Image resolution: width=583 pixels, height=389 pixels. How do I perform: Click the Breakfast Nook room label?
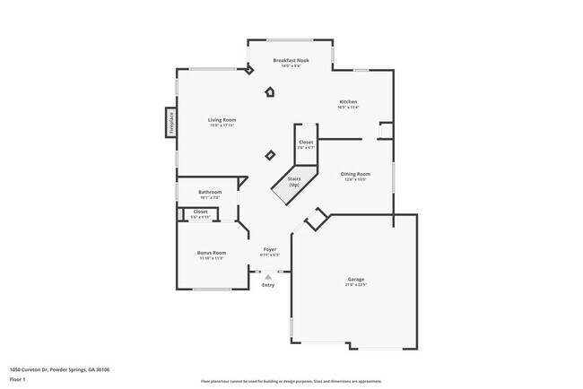pos(291,60)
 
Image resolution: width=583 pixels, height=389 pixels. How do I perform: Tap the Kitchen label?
pos(348,101)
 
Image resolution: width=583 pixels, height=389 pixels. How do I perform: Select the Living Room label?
pos(222,120)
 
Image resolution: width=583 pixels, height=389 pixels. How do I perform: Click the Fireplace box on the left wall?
pos(170,122)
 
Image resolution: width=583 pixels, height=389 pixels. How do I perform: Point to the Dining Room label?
pos(354,174)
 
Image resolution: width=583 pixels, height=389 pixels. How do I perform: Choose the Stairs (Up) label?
pos(293,181)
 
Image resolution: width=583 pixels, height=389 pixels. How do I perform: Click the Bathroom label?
pos(210,192)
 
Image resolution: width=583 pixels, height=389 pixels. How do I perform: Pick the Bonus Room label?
pos(212,253)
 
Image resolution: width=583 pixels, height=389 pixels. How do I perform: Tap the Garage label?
pos(356,280)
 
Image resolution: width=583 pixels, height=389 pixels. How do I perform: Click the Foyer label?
pos(269,249)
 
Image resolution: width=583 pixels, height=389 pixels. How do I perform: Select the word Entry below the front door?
pos(268,285)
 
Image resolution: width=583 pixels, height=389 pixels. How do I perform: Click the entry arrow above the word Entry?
pos(267,276)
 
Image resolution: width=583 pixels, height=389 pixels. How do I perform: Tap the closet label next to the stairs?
pos(306,143)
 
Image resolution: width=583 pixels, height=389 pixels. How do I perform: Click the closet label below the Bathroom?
pos(200,212)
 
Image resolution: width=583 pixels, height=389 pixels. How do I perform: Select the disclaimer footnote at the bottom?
pos(291,380)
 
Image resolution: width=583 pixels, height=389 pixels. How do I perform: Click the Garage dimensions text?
pos(356,285)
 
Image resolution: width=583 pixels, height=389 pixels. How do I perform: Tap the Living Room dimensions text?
pos(222,125)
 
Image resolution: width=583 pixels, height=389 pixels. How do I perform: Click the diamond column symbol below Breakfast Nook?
pos(270,91)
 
